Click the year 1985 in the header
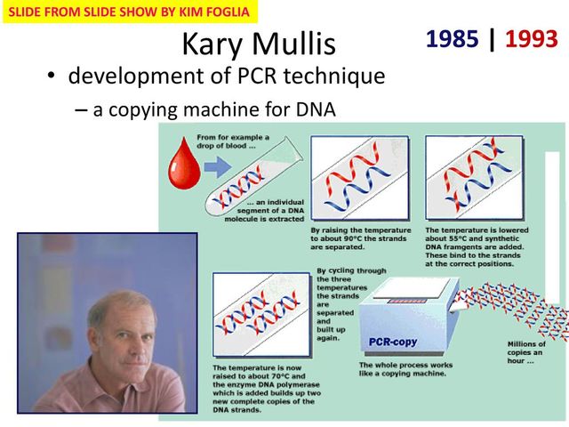(x=453, y=39)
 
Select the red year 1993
(x=531, y=39)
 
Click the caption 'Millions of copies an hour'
(x=526, y=352)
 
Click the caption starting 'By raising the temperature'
(x=360, y=238)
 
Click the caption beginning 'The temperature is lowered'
(x=477, y=246)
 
